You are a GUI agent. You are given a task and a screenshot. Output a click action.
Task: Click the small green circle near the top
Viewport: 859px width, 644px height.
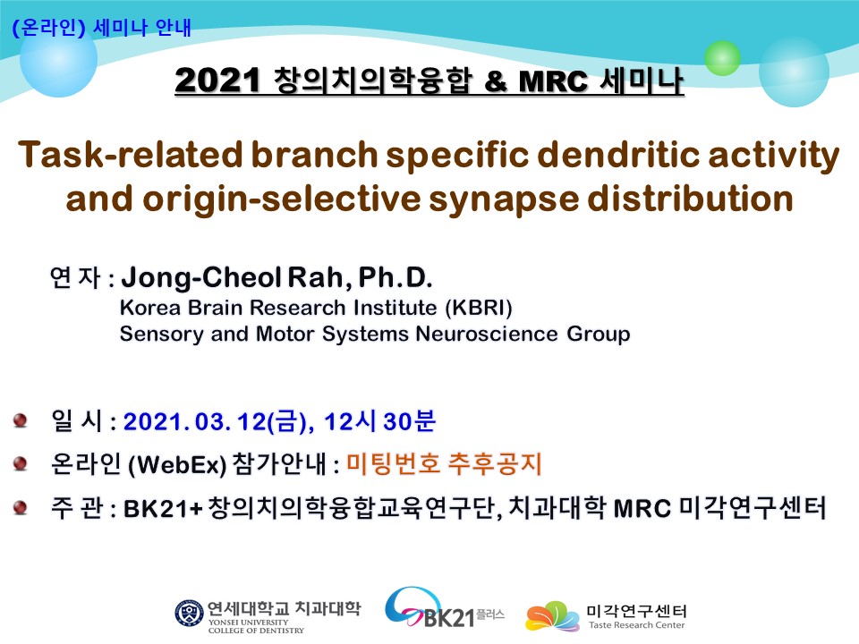pyautogui.click(x=722, y=58)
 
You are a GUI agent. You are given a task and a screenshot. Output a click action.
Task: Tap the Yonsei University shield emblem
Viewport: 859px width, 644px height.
pyautogui.click(x=190, y=614)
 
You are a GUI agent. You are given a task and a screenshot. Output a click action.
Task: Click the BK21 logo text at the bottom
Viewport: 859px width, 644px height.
pyautogui.click(x=449, y=618)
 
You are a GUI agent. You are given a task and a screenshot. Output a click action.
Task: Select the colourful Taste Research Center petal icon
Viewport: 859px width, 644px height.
pyautogui.click(x=552, y=615)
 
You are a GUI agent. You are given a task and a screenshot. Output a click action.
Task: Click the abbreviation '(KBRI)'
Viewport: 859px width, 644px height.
pyautogui.click(x=478, y=308)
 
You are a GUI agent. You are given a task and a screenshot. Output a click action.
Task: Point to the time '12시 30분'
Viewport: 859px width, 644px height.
pyautogui.click(x=379, y=421)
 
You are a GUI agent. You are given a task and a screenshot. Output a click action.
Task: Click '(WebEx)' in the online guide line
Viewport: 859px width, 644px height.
pyautogui.click(x=177, y=465)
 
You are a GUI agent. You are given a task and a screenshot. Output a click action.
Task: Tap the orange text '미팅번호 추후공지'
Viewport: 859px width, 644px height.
pyautogui.click(x=445, y=464)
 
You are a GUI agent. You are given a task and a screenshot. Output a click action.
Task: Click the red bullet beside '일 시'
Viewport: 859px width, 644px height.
pyautogui.click(x=21, y=420)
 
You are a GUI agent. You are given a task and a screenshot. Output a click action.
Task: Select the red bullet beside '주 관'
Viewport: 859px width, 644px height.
pyautogui.click(x=21, y=508)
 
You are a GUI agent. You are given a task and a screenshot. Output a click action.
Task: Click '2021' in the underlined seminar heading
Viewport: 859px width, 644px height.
pyautogui.click(x=217, y=80)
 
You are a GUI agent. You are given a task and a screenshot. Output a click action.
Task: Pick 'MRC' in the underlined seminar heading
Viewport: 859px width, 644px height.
pyautogui.click(x=553, y=81)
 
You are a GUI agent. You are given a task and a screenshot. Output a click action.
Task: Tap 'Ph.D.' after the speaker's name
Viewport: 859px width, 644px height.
pyautogui.click(x=395, y=277)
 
